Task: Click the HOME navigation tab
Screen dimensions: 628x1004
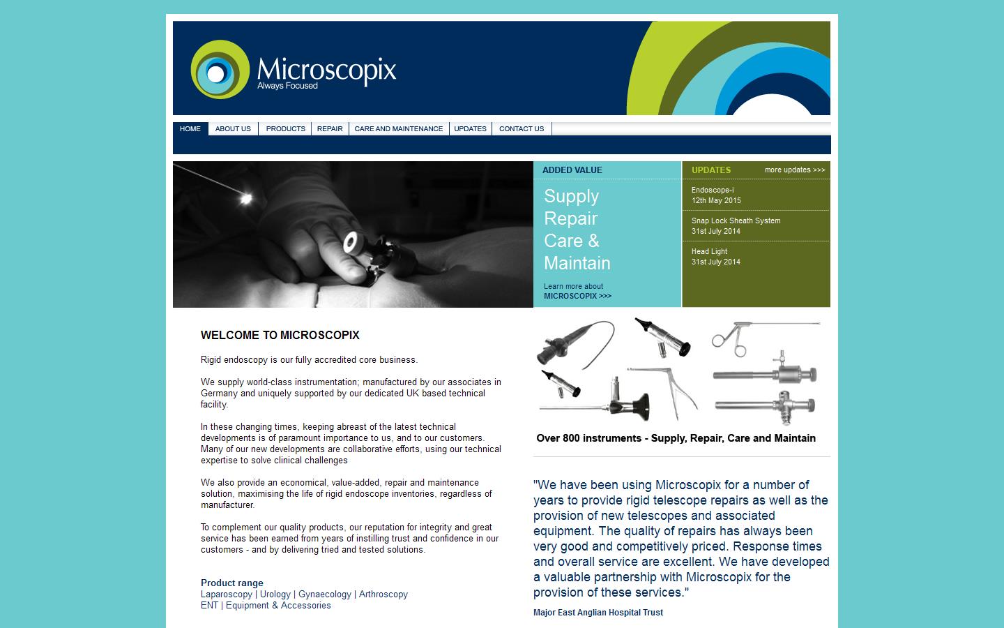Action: pyautogui.click(x=190, y=128)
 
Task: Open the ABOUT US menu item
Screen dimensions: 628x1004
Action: pyautogui.click(x=233, y=128)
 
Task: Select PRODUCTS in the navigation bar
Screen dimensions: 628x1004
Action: pyautogui.click(x=285, y=128)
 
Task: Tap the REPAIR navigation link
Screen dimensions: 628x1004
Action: pyautogui.click(x=330, y=128)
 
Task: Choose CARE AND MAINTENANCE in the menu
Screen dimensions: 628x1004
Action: pyautogui.click(x=399, y=128)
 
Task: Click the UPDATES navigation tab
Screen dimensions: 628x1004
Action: pyautogui.click(x=471, y=128)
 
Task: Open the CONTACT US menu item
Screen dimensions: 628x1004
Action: pyautogui.click(x=522, y=128)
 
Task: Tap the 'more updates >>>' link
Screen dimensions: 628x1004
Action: pyautogui.click(x=794, y=170)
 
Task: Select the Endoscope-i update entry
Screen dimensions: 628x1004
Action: pyautogui.click(x=713, y=190)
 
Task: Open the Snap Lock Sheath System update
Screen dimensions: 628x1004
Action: pyautogui.click(x=736, y=220)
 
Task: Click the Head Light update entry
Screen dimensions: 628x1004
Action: pyautogui.click(x=709, y=251)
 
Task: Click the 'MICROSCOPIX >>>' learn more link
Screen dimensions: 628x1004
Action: pyautogui.click(x=577, y=296)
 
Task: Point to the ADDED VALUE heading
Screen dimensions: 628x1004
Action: pyautogui.click(x=572, y=170)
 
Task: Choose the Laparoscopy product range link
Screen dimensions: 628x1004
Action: pyautogui.click(x=227, y=595)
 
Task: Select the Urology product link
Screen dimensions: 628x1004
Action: pyautogui.click(x=275, y=595)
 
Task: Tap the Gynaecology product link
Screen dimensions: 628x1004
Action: pyautogui.click(x=325, y=595)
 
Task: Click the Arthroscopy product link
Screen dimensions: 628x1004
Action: pyautogui.click(x=383, y=595)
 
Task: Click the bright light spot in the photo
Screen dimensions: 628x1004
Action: pyautogui.click(x=245, y=198)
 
